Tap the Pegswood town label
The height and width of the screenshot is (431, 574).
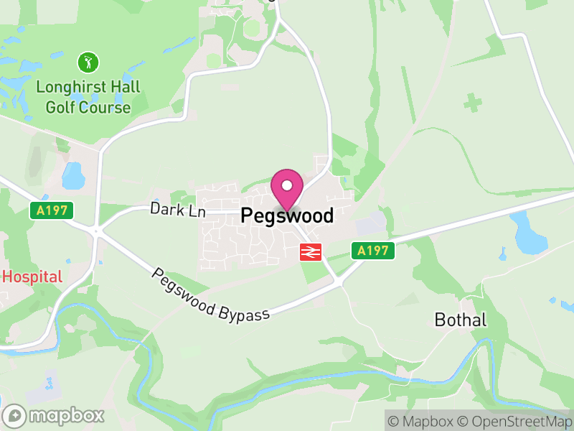(287, 215)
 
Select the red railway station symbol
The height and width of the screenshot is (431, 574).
(311, 251)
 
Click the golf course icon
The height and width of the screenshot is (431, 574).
(88, 62)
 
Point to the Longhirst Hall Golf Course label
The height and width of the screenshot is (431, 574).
(88, 98)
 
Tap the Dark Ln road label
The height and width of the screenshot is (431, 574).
(178, 210)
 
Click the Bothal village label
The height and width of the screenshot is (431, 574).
(461, 320)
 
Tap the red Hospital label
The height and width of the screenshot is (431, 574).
(33, 277)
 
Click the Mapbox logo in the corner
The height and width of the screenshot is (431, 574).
(55, 415)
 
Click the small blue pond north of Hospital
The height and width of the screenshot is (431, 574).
(73, 175)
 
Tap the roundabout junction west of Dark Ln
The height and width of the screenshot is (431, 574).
(95, 231)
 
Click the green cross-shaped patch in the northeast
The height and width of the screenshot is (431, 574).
(472, 102)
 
